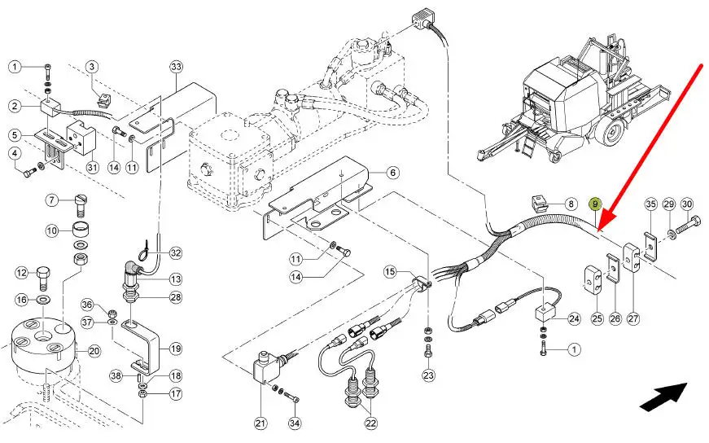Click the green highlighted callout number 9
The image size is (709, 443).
tap(595, 204)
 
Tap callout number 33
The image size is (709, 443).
tap(176, 67)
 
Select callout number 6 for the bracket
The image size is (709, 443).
tap(392, 173)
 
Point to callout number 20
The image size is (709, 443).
tap(94, 351)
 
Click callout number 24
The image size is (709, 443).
tap(574, 318)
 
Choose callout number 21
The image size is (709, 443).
tap(260, 423)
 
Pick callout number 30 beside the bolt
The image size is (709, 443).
tap(687, 204)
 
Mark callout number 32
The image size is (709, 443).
tap(176, 252)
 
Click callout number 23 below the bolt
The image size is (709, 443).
tap(428, 375)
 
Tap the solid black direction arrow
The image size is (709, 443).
tap(663, 397)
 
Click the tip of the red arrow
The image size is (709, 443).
tap(598, 230)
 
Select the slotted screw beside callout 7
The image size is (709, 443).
tap(80, 204)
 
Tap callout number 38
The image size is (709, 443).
tap(116, 375)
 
